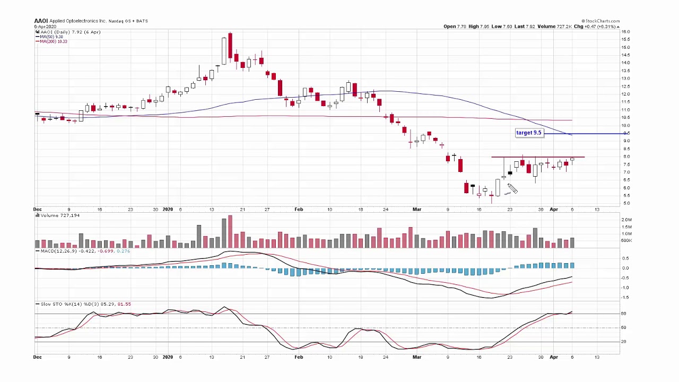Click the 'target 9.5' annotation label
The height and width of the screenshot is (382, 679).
(x=529, y=133)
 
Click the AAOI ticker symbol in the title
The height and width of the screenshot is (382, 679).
(x=41, y=21)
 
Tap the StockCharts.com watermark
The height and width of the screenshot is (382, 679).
(x=602, y=21)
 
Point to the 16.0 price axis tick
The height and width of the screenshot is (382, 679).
(x=626, y=32)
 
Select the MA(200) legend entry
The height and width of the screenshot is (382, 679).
(x=53, y=41)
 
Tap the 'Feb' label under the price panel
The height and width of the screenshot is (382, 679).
(x=299, y=210)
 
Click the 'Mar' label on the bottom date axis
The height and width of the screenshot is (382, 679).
(x=417, y=357)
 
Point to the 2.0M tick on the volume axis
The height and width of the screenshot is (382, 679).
(x=626, y=220)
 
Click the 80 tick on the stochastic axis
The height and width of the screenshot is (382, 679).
(x=624, y=314)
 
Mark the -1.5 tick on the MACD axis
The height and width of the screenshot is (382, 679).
(x=625, y=297)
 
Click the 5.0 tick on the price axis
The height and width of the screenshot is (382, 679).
(x=626, y=203)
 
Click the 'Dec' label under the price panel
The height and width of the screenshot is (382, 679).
(x=37, y=210)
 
